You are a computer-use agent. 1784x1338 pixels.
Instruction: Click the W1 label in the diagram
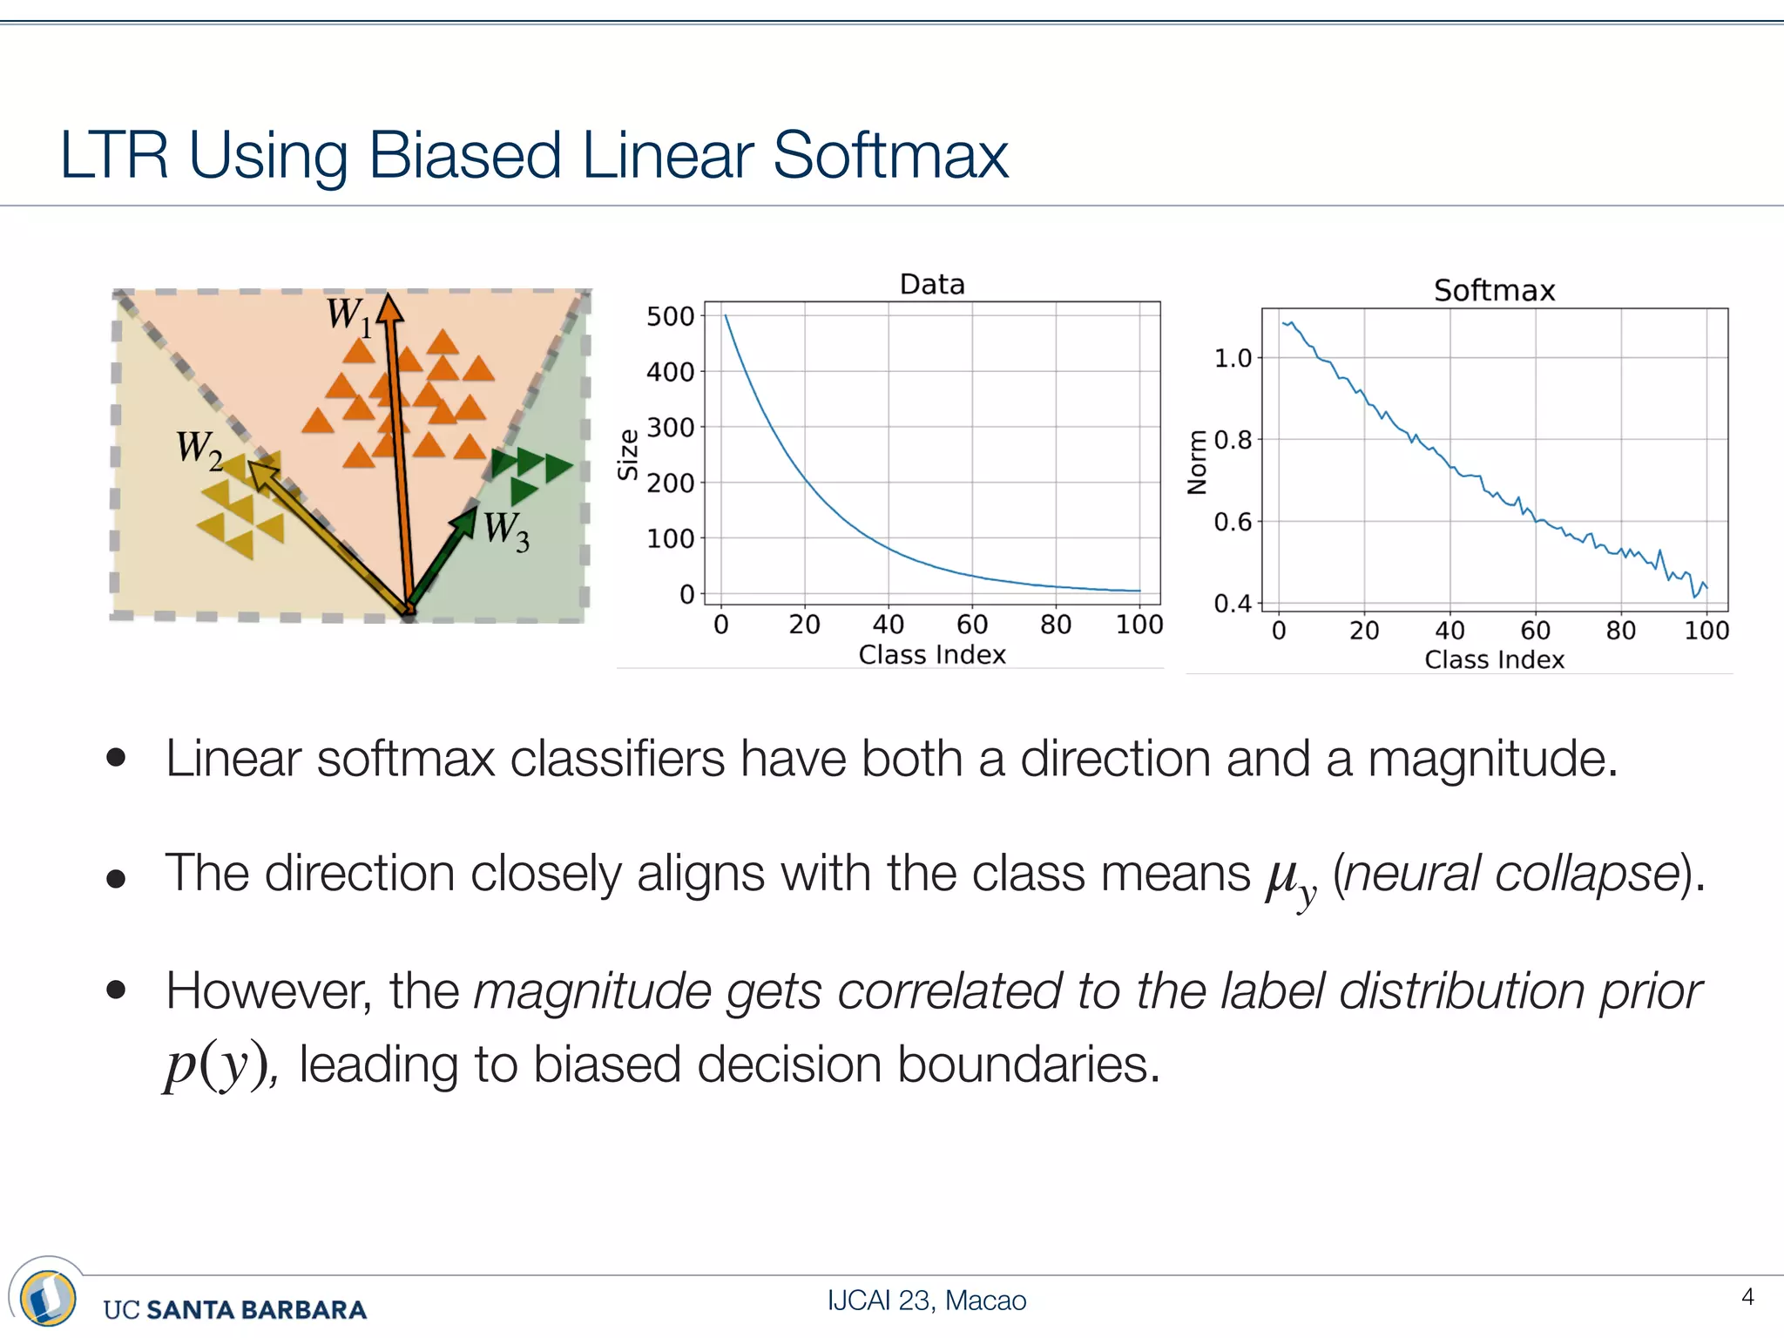point(348,314)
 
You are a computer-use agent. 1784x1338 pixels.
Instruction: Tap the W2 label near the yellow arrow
point(199,449)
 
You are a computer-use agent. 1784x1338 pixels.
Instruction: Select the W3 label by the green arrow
point(506,530)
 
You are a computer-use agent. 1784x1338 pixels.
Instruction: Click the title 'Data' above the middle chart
point(931,285)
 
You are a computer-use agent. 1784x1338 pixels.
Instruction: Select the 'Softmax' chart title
point(1494,290)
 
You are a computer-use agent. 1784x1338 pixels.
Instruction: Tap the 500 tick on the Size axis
point(670,316)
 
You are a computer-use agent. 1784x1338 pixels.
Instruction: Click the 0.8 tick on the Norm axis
point(1233,440)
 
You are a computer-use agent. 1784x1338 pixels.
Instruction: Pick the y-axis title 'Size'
point(628,455)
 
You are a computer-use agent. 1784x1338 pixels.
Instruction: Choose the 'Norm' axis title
point(1198,463)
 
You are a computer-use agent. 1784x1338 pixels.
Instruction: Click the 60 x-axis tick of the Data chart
point(972,625)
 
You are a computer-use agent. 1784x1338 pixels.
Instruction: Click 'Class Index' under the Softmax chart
point(1494,660)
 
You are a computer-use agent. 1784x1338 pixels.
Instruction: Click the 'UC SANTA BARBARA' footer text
point(234,1309)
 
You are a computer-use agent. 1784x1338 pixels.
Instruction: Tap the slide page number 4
point(1747,1297)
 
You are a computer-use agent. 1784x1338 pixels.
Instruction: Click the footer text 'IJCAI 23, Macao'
point(926,1301)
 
